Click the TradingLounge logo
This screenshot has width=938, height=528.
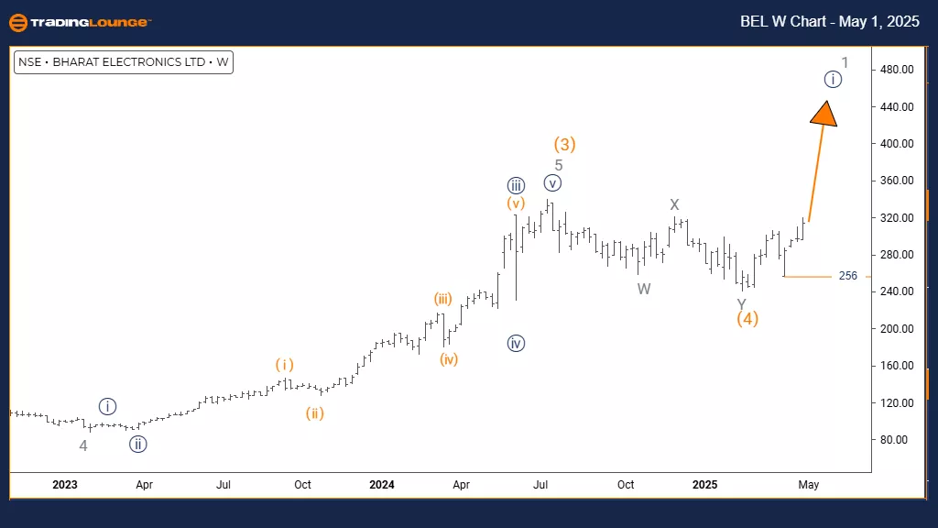point(78,22)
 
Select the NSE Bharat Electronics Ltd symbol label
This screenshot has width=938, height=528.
point(124,63)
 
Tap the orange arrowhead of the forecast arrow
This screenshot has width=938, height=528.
point(824,113)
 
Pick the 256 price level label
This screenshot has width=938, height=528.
point(847,276)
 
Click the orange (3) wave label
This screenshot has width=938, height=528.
point(564,144)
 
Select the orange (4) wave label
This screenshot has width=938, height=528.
point(747,319)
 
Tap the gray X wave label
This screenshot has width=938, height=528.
point(674,204)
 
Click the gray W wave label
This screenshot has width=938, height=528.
point(644,289)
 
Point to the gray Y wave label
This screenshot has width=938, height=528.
point(741,303)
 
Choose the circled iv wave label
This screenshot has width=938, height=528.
point(516,344)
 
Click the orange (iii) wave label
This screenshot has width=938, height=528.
point(443,298)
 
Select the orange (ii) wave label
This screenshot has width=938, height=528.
point(314,413)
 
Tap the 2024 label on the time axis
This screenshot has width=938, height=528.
point(382,484)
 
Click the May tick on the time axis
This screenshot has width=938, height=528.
point(809,484)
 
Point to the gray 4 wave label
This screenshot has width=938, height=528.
point(83,446)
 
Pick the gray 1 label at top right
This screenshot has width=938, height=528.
point(845,63)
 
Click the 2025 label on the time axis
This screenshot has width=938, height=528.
point(704,484)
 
